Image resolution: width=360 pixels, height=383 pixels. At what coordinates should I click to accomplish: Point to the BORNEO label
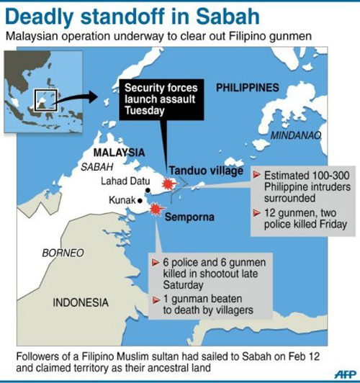click(63, 253)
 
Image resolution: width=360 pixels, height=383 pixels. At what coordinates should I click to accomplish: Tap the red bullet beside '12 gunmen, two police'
click(258, 213)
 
